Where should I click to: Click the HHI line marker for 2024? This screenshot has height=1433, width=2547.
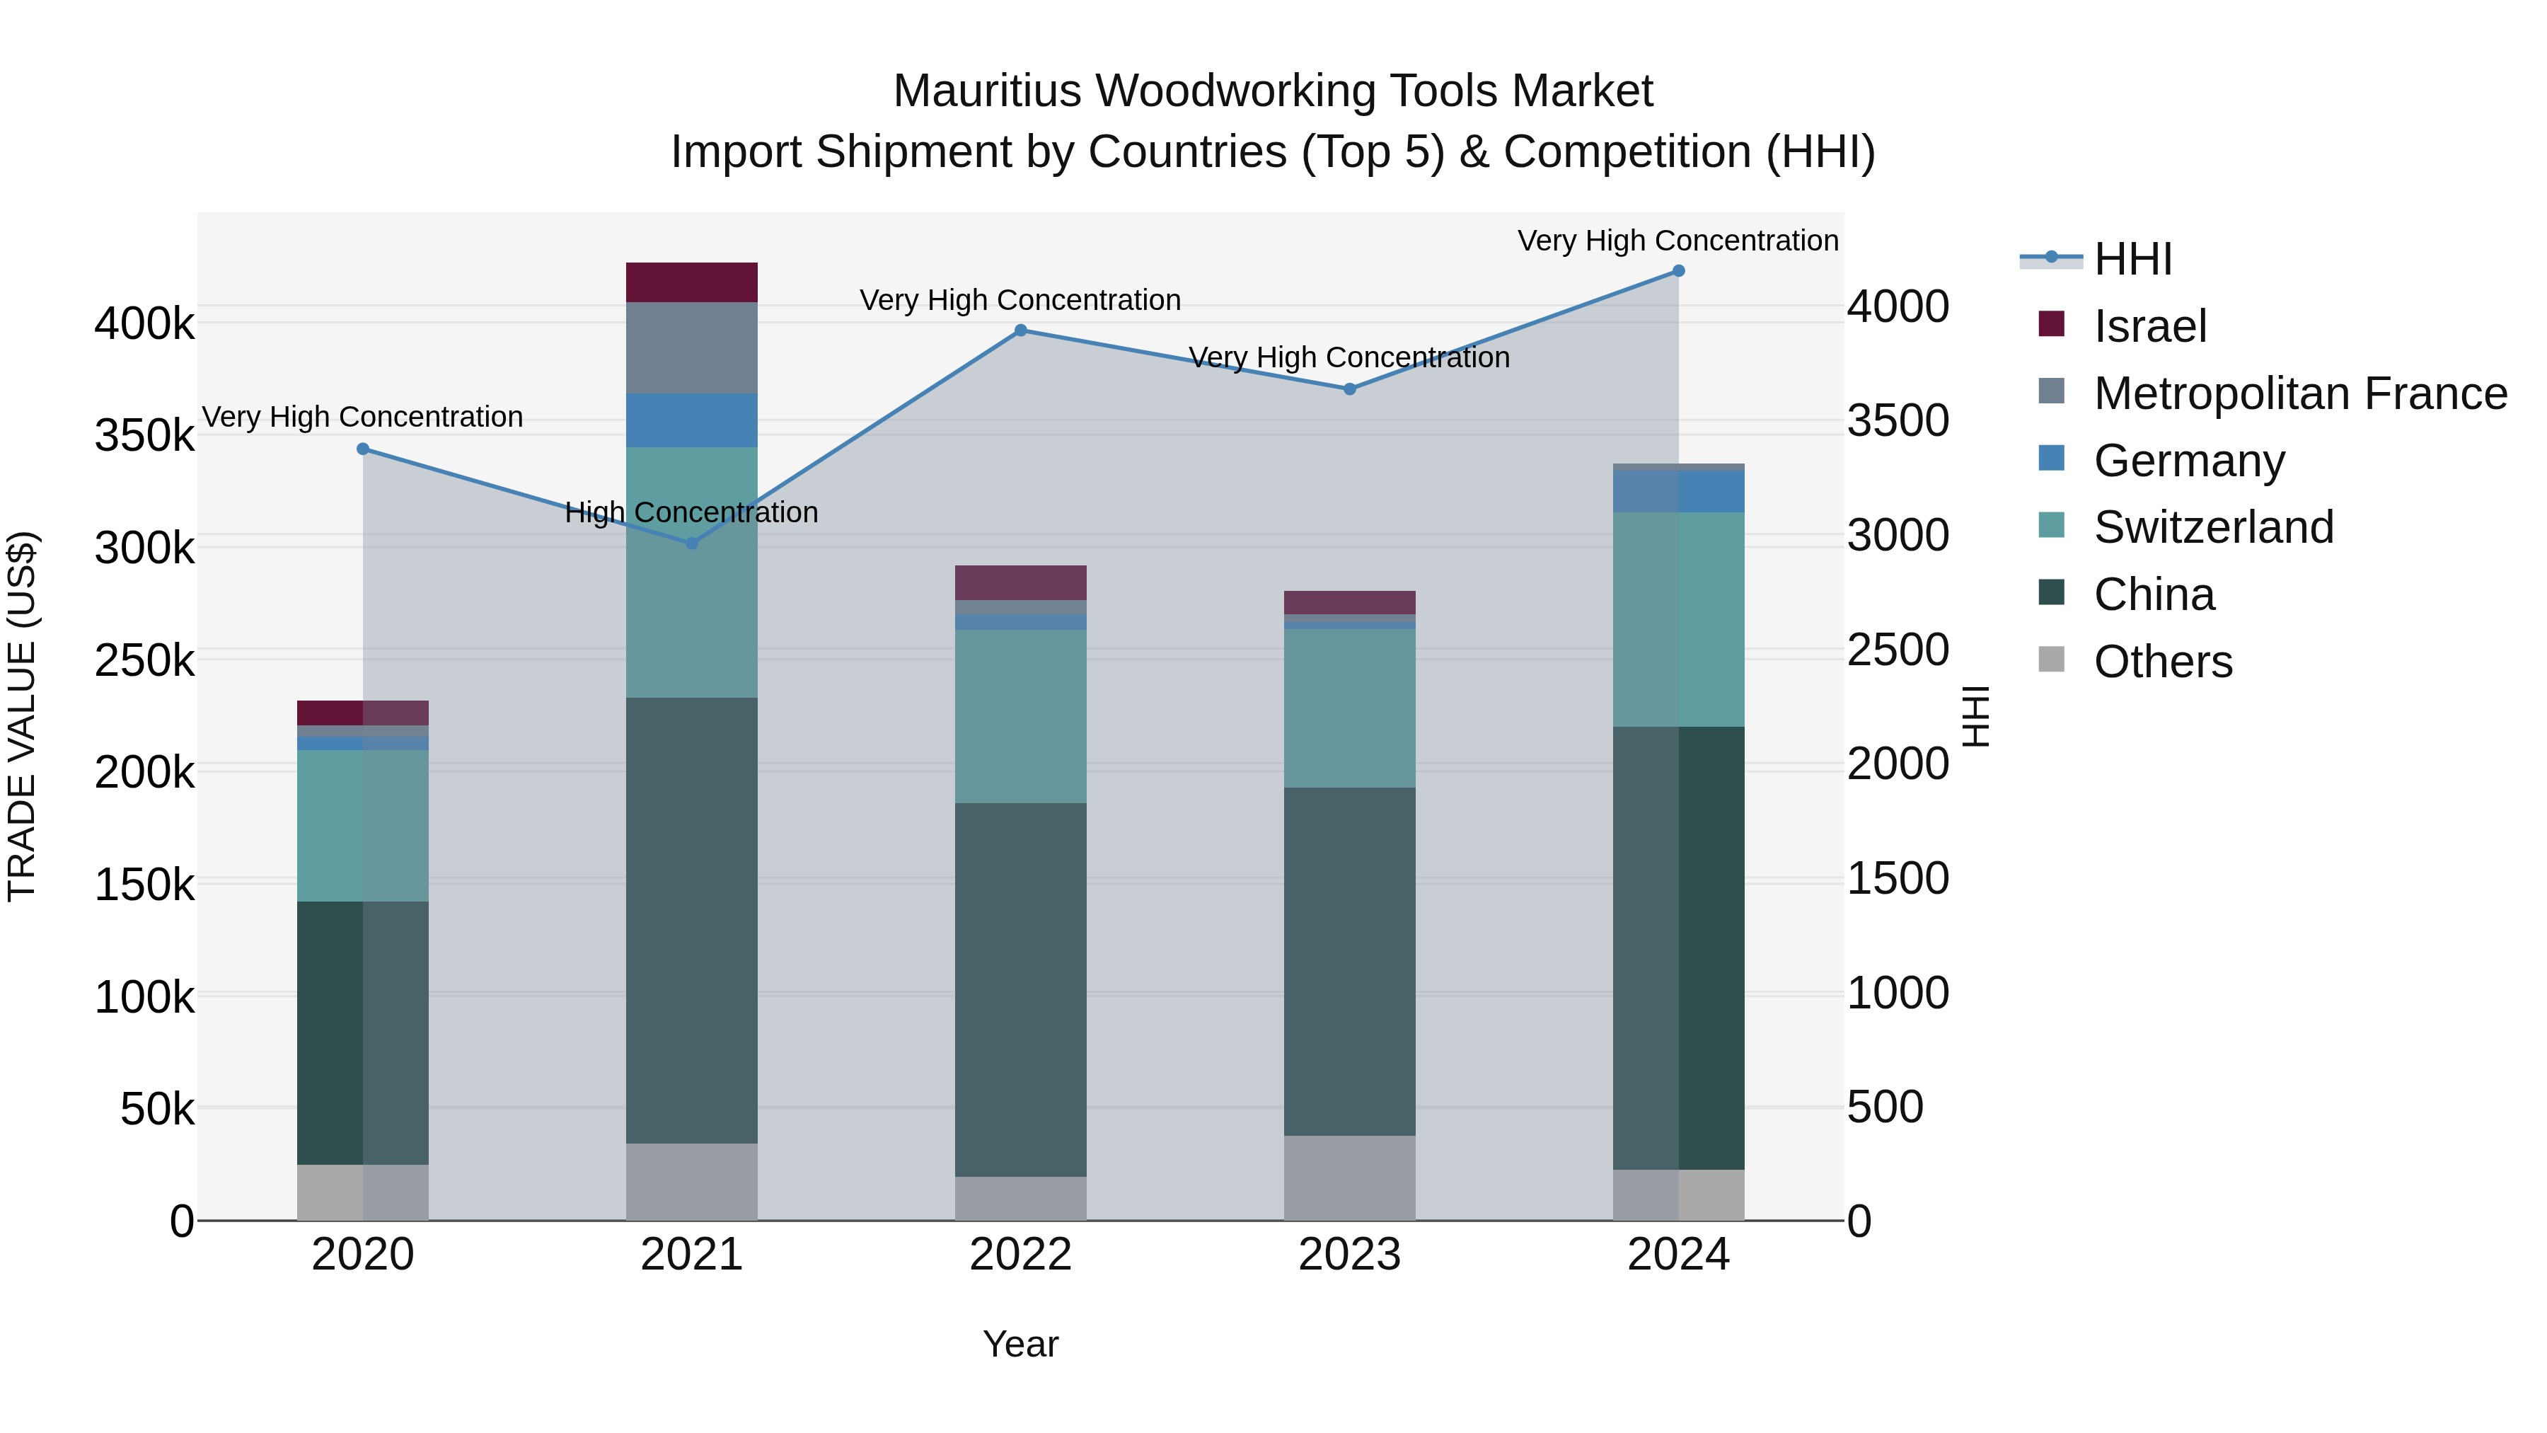(1678, 271)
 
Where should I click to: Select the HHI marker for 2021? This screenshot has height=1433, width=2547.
(692, 543)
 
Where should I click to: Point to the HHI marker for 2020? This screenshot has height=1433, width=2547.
(363, 449)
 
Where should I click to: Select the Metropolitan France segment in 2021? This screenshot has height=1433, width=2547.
(692, 348)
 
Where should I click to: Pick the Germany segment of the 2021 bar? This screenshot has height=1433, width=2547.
(692, 420)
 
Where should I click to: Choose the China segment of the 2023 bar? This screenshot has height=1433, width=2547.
(1350, 961)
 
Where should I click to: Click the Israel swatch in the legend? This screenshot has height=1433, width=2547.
(2052, 324)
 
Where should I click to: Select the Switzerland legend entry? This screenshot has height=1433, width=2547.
(2213, 527)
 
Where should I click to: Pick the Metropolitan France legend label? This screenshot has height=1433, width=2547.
(2300, 393)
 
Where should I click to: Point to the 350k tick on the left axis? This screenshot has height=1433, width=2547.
(144, 435)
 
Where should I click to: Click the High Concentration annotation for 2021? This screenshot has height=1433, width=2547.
(692, 512)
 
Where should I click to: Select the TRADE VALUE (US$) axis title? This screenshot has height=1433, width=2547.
(22, 716)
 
